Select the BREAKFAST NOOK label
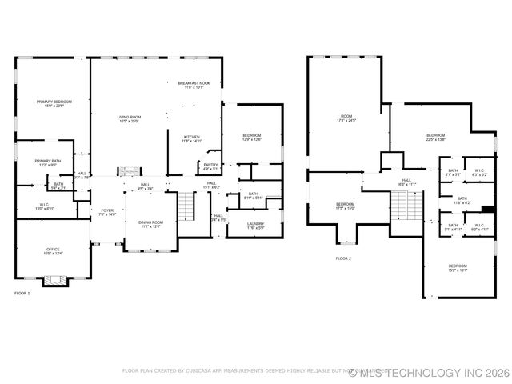(194, 84)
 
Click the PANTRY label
(210, 166)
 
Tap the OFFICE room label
(53, 251)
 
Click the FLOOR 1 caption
(22, 294)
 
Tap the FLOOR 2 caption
(343, 258)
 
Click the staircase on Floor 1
(186, 207)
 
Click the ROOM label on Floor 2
(346, 118)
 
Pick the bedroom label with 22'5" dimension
(435, 137)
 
